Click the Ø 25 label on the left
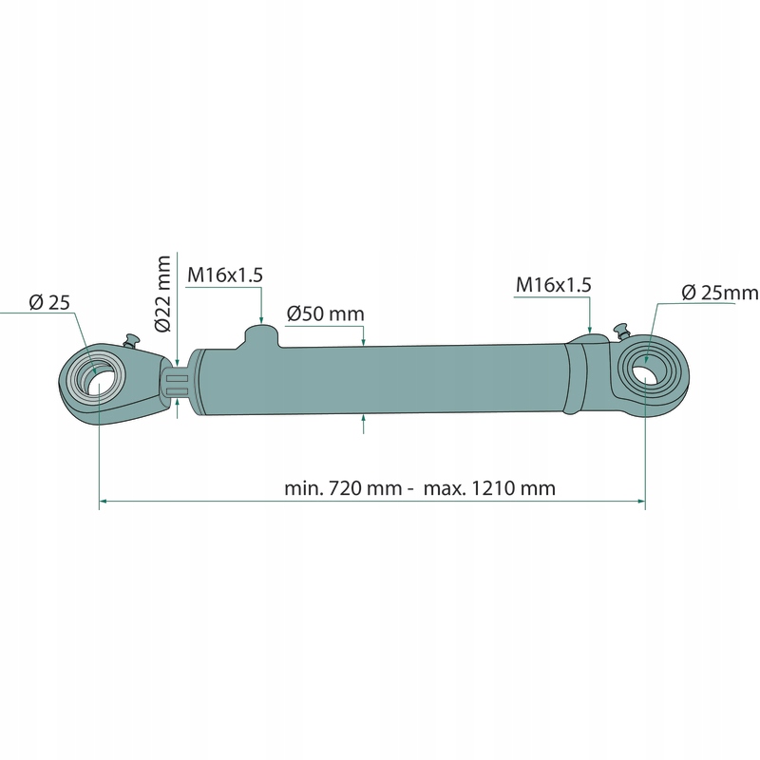[49, 302]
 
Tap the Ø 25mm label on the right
[720, 293]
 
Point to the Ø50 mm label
[325, 313]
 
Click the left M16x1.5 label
[224, 275]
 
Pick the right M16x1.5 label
[553, 284]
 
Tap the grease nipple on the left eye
[131, 339]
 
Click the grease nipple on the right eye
[622, 330]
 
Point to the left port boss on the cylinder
[259, 337]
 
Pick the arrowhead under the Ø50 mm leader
[365, 341]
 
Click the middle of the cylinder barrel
[380, 380]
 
